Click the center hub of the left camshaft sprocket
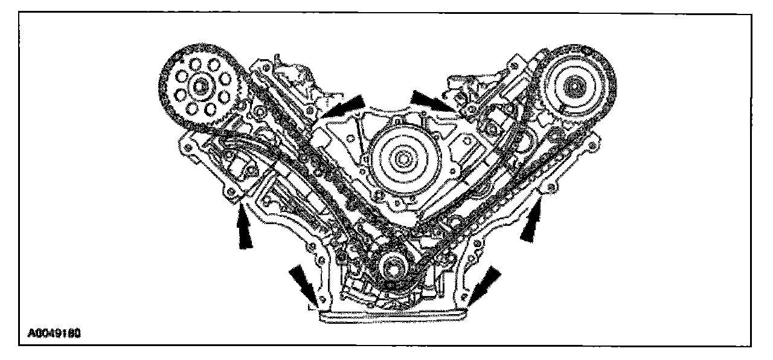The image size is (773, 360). pyautogui.click(x=197, y=86)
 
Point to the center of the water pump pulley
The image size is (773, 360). pyautogui.click(x=399, y=161)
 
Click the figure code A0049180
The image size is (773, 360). pyautogui.click(x=55, y=332)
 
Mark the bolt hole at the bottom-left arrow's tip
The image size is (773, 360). pyautogui.click(x=321, y=301)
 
